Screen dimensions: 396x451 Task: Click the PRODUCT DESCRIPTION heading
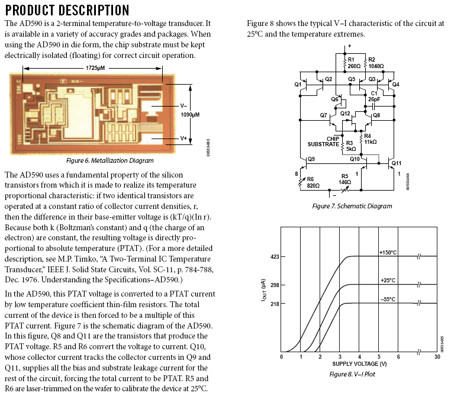click(67, 10)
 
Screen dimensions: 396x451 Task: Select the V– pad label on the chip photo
click(183, 106)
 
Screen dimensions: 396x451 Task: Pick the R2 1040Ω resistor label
click(376, 63)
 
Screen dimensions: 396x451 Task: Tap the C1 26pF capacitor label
click(374, 96)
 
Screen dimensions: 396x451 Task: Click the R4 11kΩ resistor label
click(371, 139)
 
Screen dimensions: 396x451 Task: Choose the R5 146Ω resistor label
click(345, 179)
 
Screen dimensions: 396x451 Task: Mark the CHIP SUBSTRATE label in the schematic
click(323, 141)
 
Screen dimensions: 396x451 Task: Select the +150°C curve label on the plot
click(388, 252)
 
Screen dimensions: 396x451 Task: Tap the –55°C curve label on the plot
click(388, 300)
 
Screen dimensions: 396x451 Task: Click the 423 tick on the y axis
click(275, 257)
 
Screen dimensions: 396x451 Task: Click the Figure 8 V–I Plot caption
click(352, 374)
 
